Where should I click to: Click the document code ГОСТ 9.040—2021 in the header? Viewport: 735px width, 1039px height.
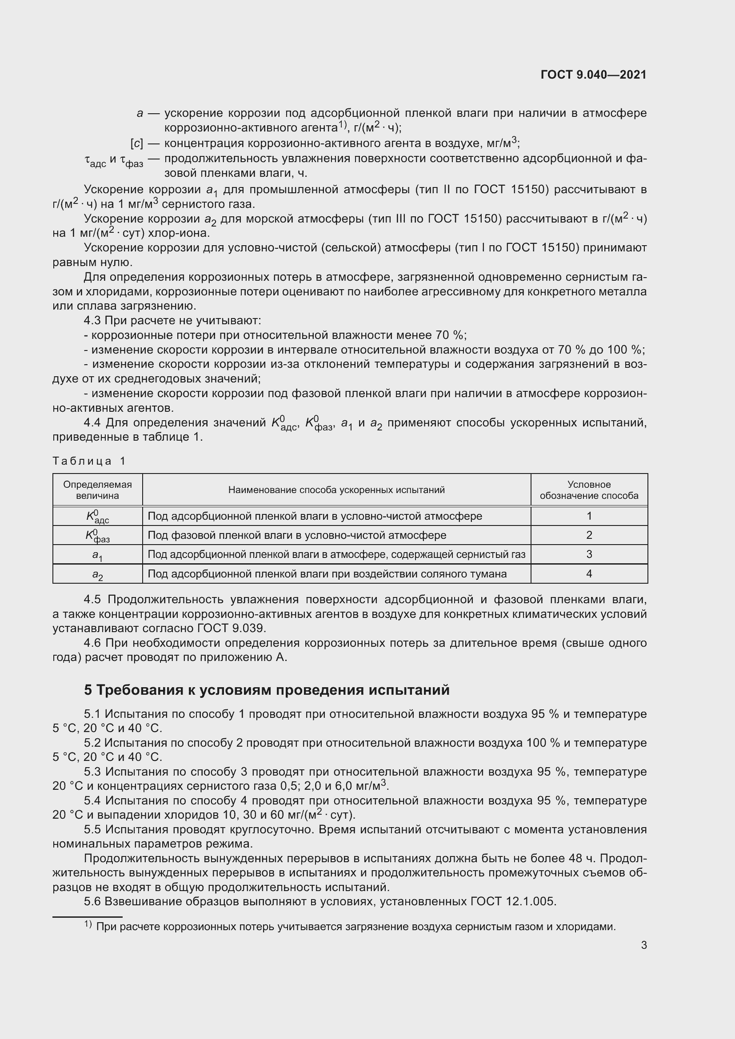tap(593, 75)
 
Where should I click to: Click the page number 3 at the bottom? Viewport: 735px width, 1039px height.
tap(643, 945)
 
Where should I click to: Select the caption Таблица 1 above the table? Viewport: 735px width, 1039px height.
tap(89, 461)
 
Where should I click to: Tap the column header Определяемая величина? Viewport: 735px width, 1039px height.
tap(97, 490)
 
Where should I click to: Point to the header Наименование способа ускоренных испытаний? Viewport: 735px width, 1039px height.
tap(336, 490)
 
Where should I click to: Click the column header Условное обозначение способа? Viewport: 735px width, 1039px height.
tap(589, 490)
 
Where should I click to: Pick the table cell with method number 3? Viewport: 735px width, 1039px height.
tap(589, 554)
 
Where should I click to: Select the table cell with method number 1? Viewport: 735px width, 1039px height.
tap(589, 516)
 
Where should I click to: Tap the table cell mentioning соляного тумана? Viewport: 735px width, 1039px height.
tap(327, 574)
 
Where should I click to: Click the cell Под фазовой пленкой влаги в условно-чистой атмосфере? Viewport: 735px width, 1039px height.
tap(297, 535)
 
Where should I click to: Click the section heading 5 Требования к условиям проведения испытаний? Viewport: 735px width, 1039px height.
tap(267, 690)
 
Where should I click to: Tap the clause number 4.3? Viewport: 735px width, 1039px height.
tap(92, 321)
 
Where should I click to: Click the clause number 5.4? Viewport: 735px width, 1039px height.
tap(92, 800)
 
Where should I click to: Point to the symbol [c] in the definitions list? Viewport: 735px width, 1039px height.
tap(137, 144)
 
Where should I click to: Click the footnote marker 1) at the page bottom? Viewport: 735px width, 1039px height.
tap(88, 925)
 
